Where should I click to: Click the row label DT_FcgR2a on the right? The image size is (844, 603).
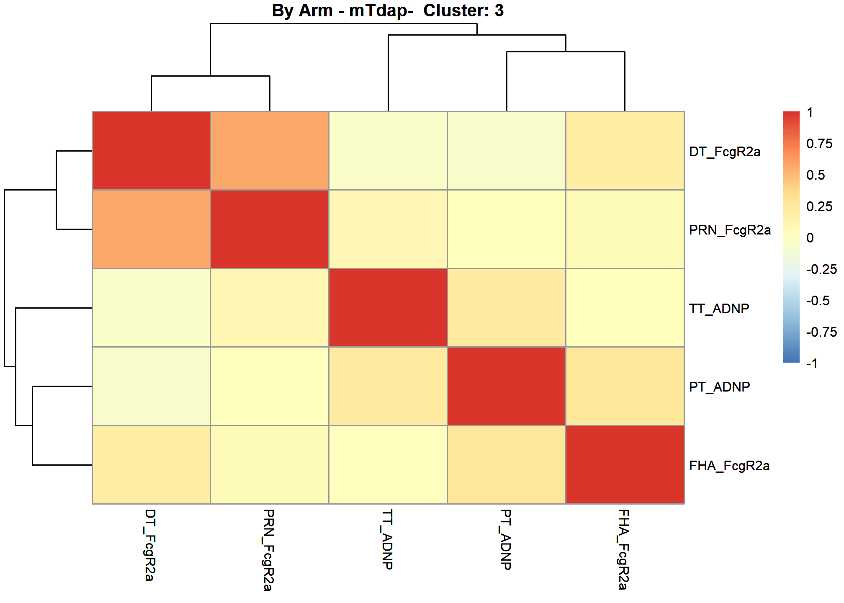[x=725, y=152]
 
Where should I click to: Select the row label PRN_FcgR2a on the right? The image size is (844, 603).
[x=730, y=230]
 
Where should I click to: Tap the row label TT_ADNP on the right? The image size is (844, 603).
[x=719, y=309]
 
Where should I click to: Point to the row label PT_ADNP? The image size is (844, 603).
[x=720, y=387]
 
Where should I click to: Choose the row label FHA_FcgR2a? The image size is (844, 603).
[x=729, y=466]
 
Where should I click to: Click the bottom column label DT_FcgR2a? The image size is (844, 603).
[x=150, y=545]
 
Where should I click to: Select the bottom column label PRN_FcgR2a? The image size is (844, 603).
[x=268, y=550]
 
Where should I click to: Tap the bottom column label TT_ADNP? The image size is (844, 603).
[x=387, y=539]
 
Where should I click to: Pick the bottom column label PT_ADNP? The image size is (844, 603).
[x=506, y=540]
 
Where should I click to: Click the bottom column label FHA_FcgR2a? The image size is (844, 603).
[x=623, y=549]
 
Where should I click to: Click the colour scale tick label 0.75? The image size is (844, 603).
[x=819, y=144]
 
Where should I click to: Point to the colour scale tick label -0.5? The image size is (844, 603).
[x=818, y=301]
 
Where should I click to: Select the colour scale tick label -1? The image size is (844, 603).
[x=812, y=363]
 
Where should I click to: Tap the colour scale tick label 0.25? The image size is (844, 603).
[x=819, y=206]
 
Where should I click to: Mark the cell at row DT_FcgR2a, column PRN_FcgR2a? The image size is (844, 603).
[x=270, y=151]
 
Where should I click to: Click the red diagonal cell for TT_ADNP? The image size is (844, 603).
[x=388, y=308]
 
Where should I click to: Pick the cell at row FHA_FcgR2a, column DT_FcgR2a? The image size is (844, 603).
[x=151, y=465]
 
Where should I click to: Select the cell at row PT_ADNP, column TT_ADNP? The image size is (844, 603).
[x=388, y=386]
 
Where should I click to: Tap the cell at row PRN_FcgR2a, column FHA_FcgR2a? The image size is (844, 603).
[x=625, y=229]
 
